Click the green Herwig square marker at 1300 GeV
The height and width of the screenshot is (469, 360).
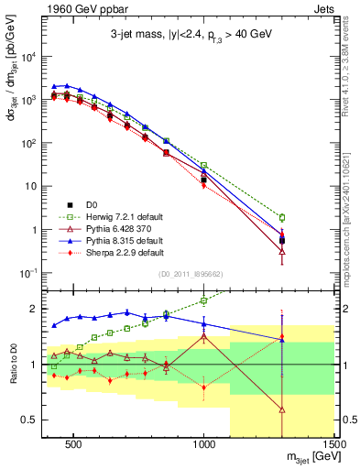[x=282, y=217]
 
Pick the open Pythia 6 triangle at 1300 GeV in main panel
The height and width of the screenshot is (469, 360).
[x=282, y=250]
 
